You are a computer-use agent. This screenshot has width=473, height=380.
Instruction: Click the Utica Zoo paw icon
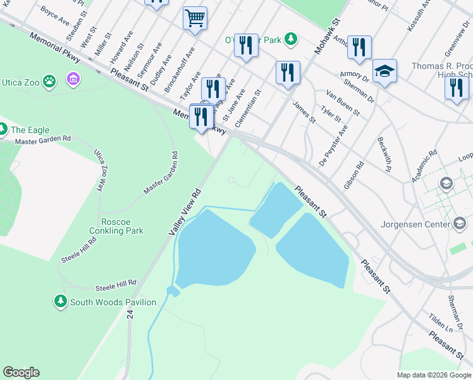click(51, 80)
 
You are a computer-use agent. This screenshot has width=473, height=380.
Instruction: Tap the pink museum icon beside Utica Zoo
click(74, 80)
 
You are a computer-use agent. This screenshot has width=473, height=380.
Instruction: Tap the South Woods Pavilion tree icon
click(61, 301)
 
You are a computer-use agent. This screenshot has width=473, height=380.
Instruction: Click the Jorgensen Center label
click(415, 224)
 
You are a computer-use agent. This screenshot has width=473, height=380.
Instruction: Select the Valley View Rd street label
click(185, 213)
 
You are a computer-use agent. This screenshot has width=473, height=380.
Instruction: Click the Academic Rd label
click(424, 167)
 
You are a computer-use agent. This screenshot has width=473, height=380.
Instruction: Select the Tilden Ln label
click(441, 325)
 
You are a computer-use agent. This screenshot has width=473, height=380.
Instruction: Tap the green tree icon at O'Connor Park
click(290, 39)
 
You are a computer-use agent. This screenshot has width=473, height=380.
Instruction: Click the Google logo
click(21, 372)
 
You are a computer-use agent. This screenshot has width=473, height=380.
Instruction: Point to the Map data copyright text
click(434, 375)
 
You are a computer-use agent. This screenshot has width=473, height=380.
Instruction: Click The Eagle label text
click(30, 130)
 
